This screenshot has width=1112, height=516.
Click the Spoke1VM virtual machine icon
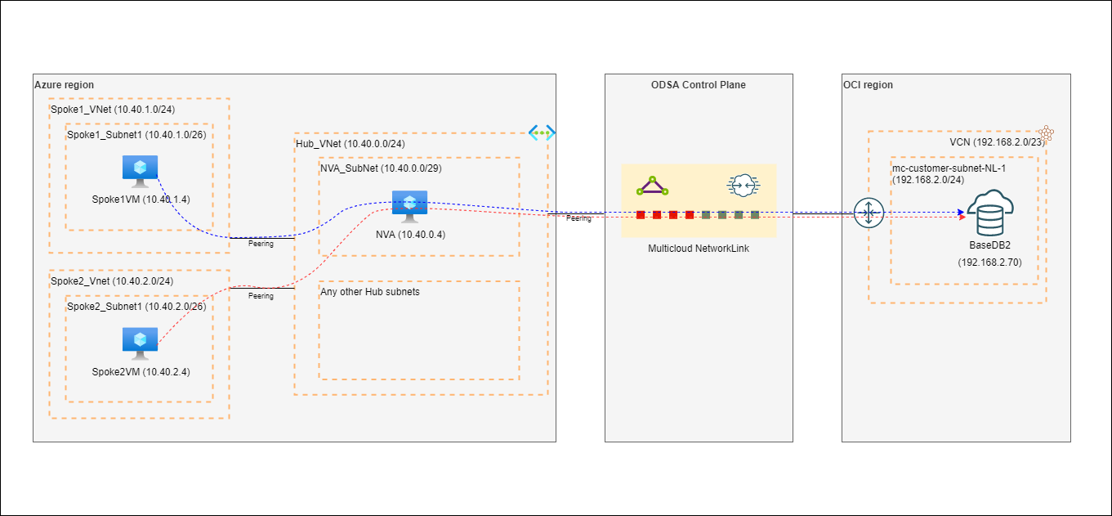pos(140,170)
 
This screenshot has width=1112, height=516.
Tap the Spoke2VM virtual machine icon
pos(140,343)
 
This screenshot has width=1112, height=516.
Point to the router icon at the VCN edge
pos(868,213)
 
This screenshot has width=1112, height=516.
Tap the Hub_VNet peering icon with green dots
pos(542,132)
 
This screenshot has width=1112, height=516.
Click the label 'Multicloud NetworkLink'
pos(698,249)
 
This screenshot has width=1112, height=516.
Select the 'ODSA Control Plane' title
pos(699,85)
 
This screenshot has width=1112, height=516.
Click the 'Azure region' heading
pos(64,85)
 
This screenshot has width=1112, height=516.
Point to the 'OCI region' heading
pos(869,85)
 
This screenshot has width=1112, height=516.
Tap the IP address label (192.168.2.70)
pos(989,262)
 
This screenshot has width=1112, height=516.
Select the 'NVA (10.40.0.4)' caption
pos(409,235)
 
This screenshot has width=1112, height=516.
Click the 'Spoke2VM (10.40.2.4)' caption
pos(140,373)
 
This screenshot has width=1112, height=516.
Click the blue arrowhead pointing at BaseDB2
pos(961,212)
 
